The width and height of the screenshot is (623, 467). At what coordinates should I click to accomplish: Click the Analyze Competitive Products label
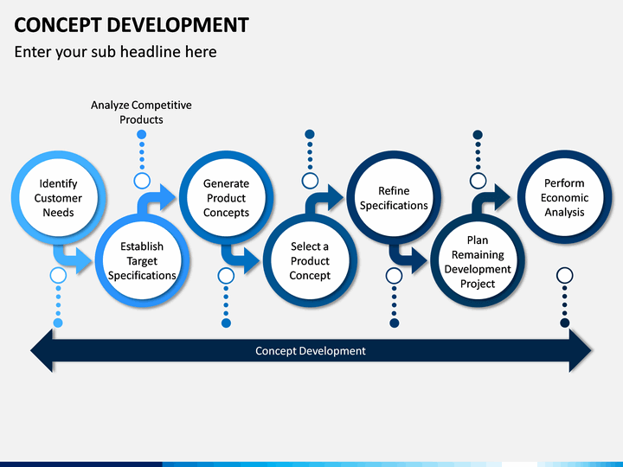point(141,112)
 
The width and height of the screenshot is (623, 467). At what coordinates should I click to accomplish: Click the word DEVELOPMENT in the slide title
point(177,25)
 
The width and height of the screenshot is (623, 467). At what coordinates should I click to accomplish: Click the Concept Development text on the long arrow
point(311,350)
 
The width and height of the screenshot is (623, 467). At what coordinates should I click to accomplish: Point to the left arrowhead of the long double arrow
point(42,350)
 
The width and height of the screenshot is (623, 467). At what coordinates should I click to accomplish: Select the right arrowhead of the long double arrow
point(581,350)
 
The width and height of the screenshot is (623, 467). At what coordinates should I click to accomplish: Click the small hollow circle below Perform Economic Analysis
point(564,275)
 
